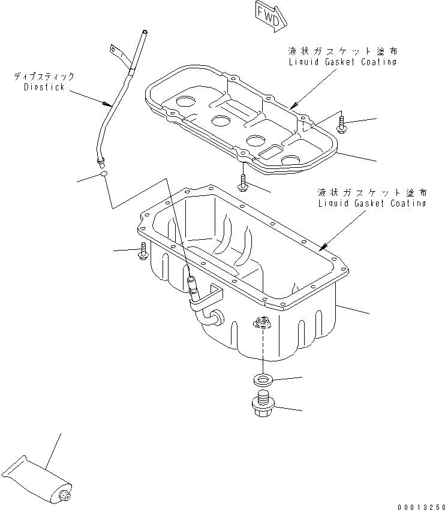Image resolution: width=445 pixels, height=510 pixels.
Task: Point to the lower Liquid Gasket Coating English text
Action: click(373, 203)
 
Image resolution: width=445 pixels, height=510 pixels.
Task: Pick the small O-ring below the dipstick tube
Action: click(104, 174)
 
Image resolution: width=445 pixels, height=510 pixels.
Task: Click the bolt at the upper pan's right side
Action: click(342, 125)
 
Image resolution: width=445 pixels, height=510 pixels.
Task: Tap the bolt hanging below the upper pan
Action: click(243, 182)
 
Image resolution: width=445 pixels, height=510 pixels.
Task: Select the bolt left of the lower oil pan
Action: click(143, 252)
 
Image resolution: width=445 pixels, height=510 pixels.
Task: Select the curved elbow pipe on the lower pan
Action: click(207, 312)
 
